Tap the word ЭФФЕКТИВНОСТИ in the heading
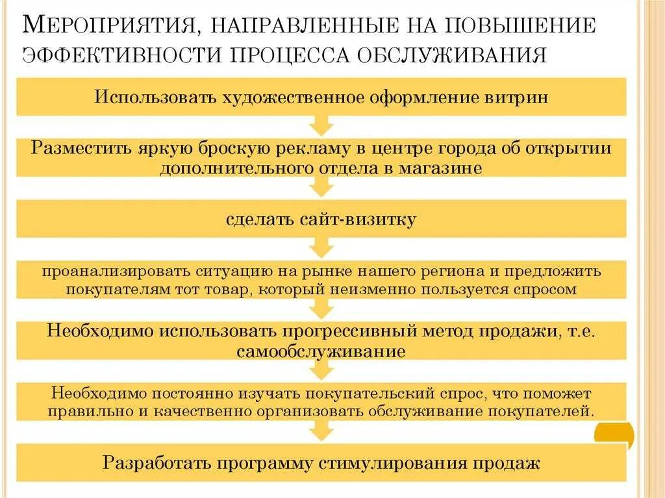pos(120,54)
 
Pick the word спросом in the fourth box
pos(547,288)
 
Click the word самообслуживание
pos(321,351)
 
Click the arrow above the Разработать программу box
pos(321,430)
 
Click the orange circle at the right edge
pos(616,434)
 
